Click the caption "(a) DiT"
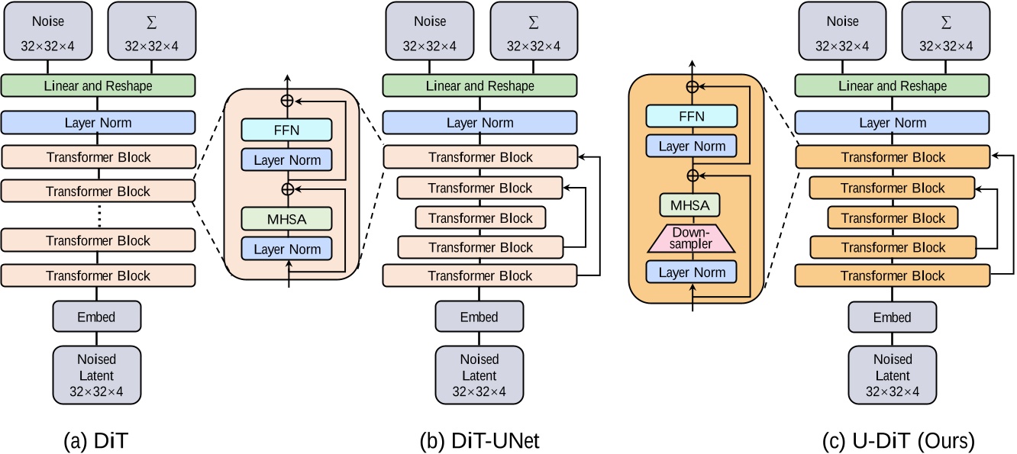pyautogui.click(x=97, y=440)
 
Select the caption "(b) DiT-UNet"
pyautogui.click(x=479, y=440)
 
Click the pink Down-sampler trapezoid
pyautogui.click(x=693, y=239)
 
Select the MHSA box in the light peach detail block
pyautogui.click(x=287, y=218)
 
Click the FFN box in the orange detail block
pyautogui.click(x=693, y=116)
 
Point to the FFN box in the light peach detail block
pyautogui.click(x=287, y=130)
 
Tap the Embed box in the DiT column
pyautogui.click(x=97, y=317)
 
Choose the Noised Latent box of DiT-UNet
pyautogui.click(x=479, y=374)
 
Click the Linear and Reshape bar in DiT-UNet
pyautogui.click(x=479, y=86)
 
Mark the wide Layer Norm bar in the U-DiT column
pyautogui.click(x=891, y=122)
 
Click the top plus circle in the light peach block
pyautogui.click(x=288, y=100)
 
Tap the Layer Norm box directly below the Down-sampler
pyautogui.click(x=693, y=272)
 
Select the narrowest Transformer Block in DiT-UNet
pyautogui.click(x=480, y=218)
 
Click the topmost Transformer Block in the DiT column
pyautogui.click(x=98, y=157)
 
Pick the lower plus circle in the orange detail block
pyautogui.click(x=693, y=175)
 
